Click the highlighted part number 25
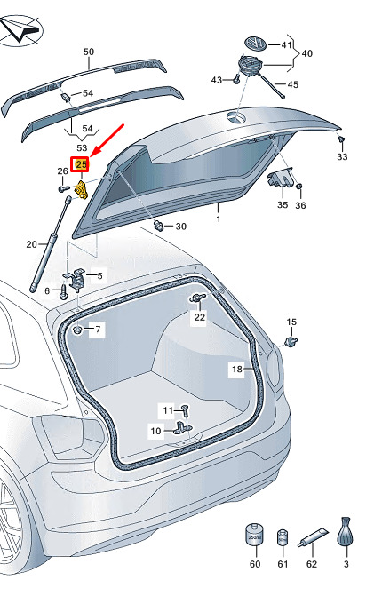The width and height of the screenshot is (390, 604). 82,165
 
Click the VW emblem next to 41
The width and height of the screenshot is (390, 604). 255,44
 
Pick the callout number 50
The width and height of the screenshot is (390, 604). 89,52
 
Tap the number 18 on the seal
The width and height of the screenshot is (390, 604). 237,369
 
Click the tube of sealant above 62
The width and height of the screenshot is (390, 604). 313,537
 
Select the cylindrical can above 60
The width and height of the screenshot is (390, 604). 254,535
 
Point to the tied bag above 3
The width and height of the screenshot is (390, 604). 346,531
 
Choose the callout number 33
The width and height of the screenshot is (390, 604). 342,157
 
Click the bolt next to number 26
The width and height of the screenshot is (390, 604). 64,188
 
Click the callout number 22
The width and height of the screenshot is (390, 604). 200,317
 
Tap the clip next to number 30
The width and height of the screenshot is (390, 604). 159,226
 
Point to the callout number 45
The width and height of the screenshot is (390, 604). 293,84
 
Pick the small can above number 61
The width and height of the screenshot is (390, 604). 283,537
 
